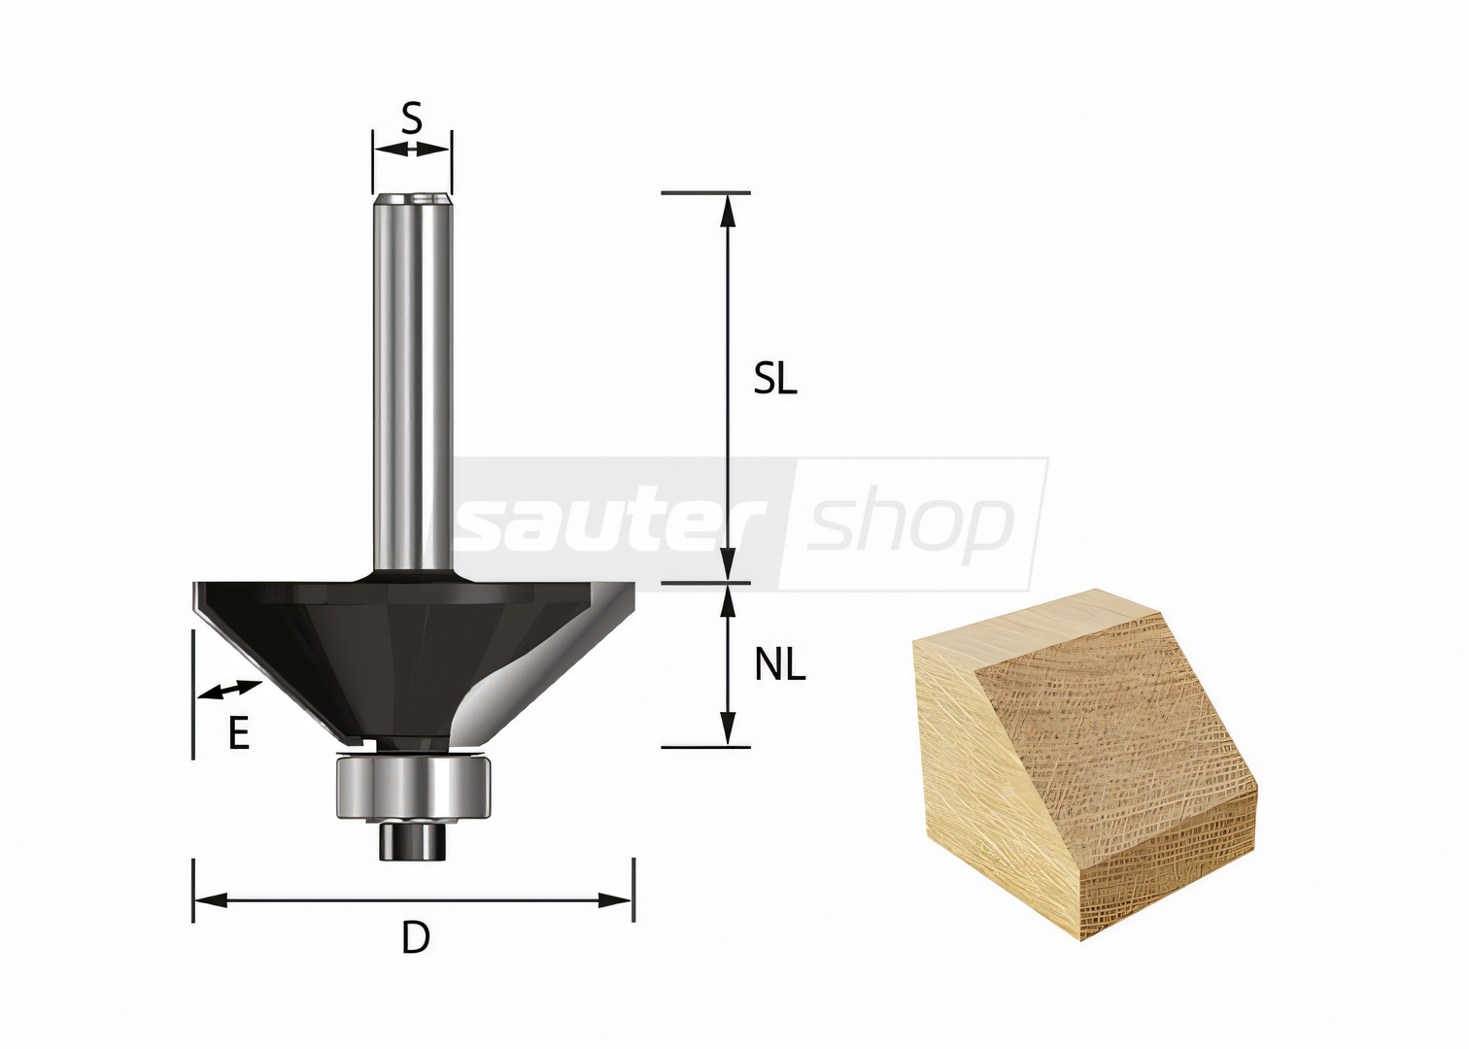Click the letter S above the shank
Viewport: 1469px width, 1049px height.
click(x=411, y=118)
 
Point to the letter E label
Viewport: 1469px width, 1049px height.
click(x=239, y=732)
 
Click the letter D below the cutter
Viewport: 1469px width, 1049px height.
click(x=416, y=937)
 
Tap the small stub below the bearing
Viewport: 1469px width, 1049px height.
click(x=413, y=840)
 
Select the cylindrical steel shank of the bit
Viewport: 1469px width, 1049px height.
click(x=413, y=383)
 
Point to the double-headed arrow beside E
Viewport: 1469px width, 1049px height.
click(x=230, y=690)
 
